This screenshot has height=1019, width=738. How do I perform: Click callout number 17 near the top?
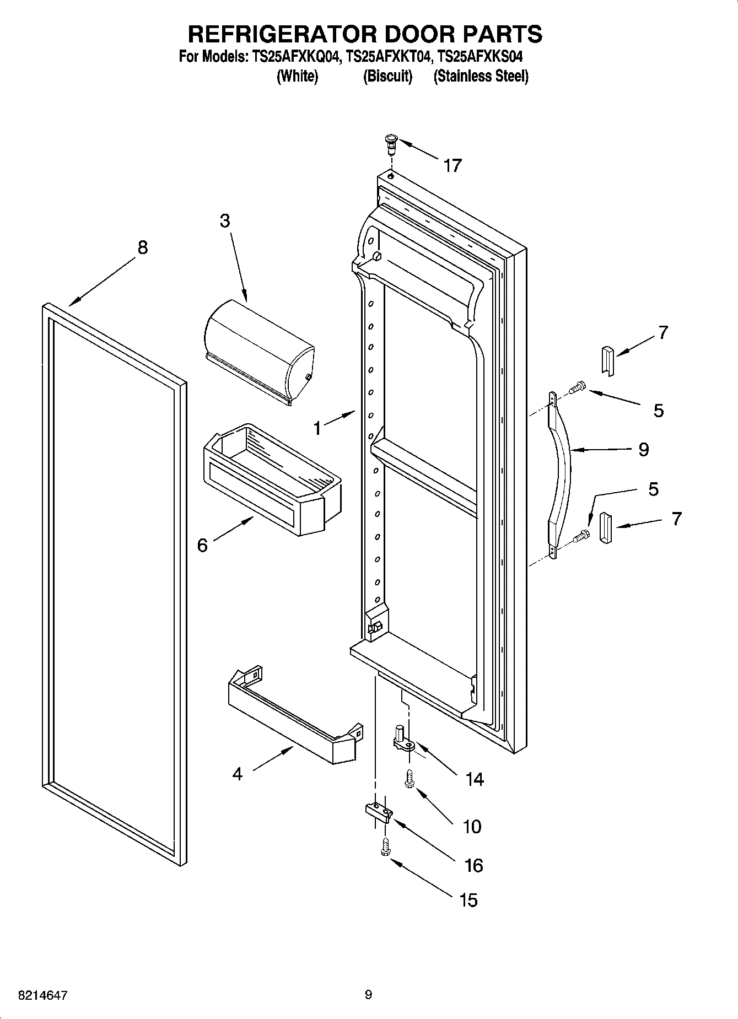click(452, 165)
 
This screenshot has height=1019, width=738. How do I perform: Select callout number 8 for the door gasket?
click(142, 247)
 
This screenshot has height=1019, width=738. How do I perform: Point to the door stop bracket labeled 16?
click(378, 812)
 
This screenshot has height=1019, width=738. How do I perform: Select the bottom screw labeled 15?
click(385, 848)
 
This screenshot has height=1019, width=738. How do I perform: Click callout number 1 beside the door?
click(317, 428)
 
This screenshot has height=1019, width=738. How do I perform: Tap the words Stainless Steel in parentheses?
click(481, 76)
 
